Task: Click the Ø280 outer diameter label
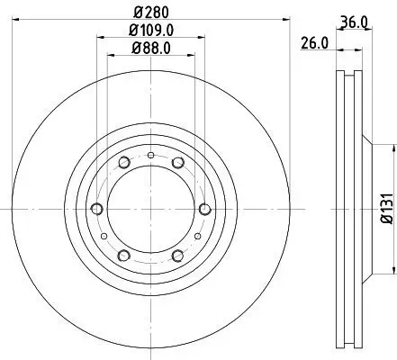[x=151, y=12]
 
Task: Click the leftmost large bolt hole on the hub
[x=96, y=210]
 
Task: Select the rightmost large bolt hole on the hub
[x=205, y=210]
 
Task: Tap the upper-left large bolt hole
[x=123, y=163]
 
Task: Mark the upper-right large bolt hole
[x=178, y=163]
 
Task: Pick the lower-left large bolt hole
[x=123, y=256]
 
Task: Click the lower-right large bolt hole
[x=178, y=256]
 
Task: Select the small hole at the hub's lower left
[x=106, y=236]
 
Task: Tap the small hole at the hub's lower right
[x=195, y=236]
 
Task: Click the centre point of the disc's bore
[x=151, y=210]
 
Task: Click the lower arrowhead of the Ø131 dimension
[x=393, y=268]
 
